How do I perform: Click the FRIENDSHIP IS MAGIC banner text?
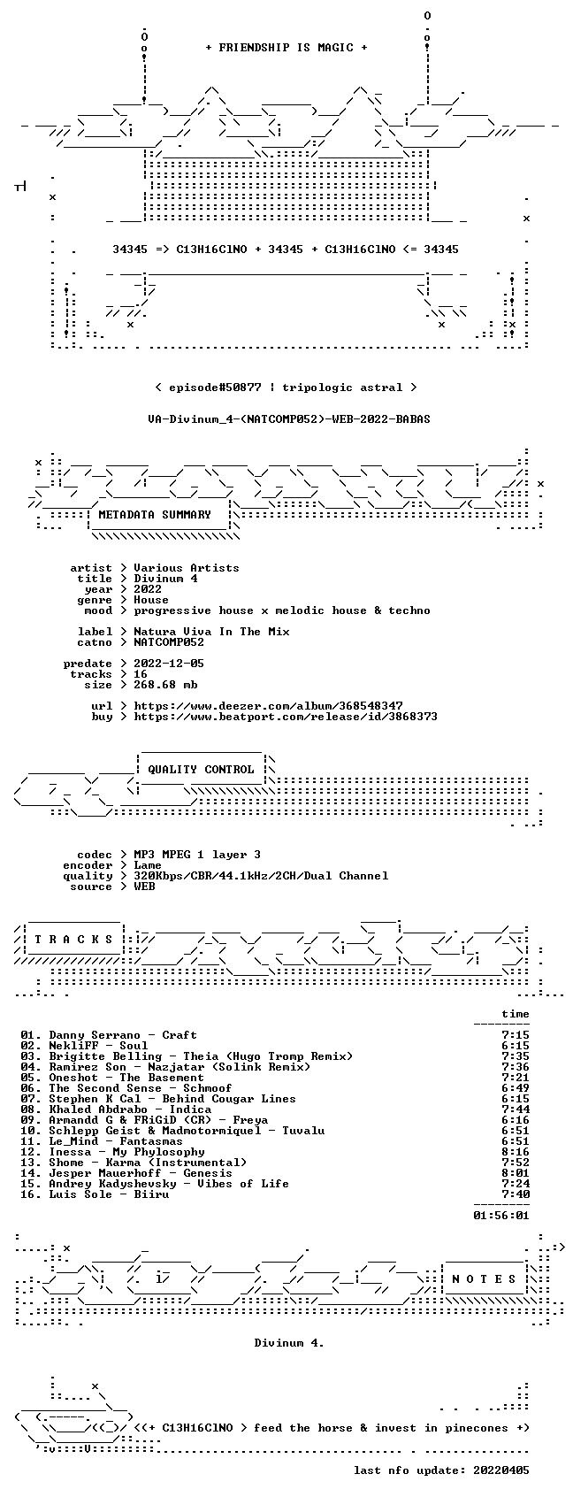click(286, 48)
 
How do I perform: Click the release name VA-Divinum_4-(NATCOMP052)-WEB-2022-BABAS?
click(288, 419)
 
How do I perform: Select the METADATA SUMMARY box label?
click(154, 515)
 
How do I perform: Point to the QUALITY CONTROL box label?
click(201, 769)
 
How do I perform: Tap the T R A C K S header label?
click(74, 939)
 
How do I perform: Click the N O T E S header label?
click(485, 1278)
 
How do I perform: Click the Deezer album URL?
click(268, 706)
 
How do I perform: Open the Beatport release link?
click(286, 717)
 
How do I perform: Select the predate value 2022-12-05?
click(169, 664)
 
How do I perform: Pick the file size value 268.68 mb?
click(165, 685)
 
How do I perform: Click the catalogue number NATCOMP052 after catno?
click(169, 642)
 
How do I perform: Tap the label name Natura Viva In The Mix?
click(211, 632)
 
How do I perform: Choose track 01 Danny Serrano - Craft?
click(109, 1035)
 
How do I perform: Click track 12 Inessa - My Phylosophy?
click(112, 1152)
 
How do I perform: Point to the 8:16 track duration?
click(516, 1152)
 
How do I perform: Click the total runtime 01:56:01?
click(501, 1216)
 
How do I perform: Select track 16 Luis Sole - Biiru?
click(95, 1194)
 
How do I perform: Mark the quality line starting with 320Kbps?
click(261, 876)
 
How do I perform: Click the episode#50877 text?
click(215, 388)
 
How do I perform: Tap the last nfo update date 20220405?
click(501, 1470)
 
